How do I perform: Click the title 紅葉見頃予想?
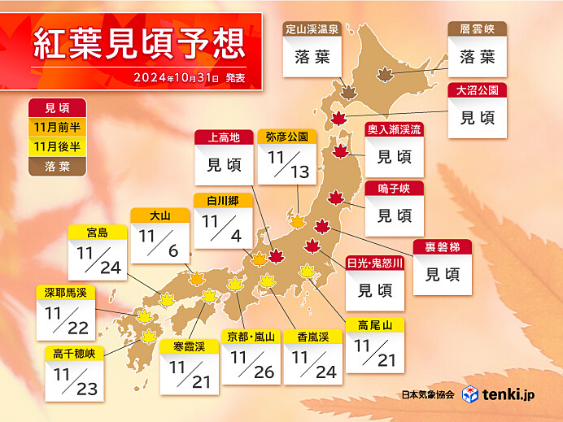coord(138,45)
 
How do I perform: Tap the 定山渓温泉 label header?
coord(312,28)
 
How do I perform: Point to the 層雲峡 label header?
coord(477,28)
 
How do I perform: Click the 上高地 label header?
coord(224,137)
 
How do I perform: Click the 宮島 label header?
coord(98,233)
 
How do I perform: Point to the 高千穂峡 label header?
coord(76,354)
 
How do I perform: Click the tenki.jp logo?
coord(495,395)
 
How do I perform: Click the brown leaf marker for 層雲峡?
coord(382,75)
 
